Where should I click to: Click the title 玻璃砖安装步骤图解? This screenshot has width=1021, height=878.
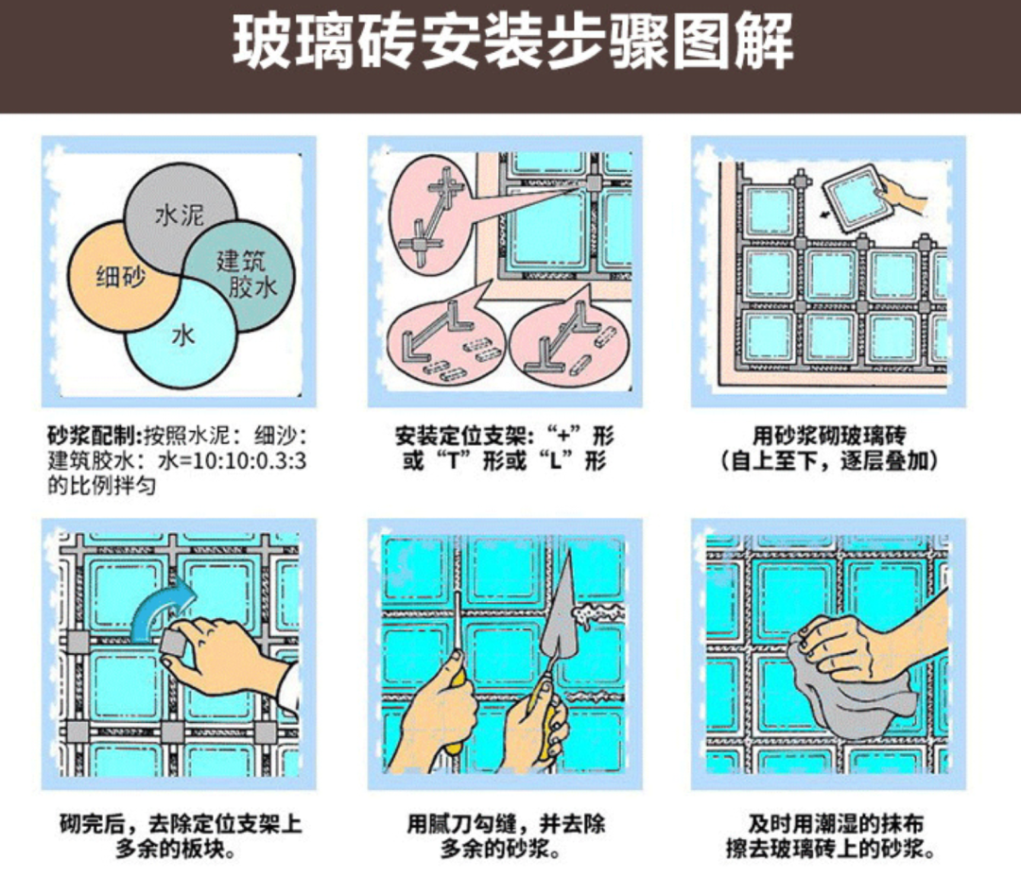click(512, 41)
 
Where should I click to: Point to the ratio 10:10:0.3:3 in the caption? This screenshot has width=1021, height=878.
click(250, 461)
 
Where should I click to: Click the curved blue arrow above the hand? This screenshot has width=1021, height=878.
click(163, 609)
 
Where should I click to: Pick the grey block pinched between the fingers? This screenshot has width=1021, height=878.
click(176, 642)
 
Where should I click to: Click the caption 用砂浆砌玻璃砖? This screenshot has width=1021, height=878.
click(829, 436)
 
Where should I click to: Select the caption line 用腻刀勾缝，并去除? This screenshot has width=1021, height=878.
click(506, 823)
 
